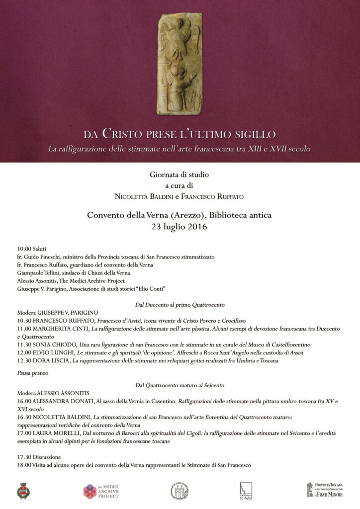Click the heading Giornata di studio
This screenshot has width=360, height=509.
point(180,175)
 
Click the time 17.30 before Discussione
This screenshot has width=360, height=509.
point(24,457)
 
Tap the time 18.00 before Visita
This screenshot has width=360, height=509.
point(24,465)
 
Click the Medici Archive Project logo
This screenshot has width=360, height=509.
point(102,491)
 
